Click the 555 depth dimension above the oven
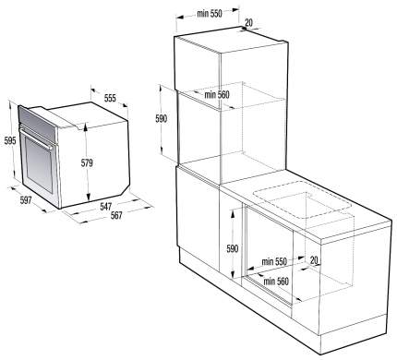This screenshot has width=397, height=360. (110, 98)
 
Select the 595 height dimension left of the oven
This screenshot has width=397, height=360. (10, 141)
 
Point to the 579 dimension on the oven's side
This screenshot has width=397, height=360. (87, 162)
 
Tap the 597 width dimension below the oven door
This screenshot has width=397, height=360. (26, 200)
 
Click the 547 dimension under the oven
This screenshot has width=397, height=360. (105, 206)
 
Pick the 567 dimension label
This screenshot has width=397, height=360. (116, 215)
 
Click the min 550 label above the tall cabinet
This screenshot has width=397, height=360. (210, 14)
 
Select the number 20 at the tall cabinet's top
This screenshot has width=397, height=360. (248, 22)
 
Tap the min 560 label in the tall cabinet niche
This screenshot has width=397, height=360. (217, 95)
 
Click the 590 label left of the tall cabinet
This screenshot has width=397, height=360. (162, 118)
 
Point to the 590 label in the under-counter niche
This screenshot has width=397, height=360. (233, 248)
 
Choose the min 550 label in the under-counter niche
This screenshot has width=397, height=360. (274, 262)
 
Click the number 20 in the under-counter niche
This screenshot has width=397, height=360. (314, 260)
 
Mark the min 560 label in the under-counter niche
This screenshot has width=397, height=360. (276, 282)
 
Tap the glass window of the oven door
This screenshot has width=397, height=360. (39, 165)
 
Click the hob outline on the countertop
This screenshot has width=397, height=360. (302, 198)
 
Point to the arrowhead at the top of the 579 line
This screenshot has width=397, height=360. (85, 126)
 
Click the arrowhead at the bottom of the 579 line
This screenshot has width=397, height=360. (89, 198)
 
